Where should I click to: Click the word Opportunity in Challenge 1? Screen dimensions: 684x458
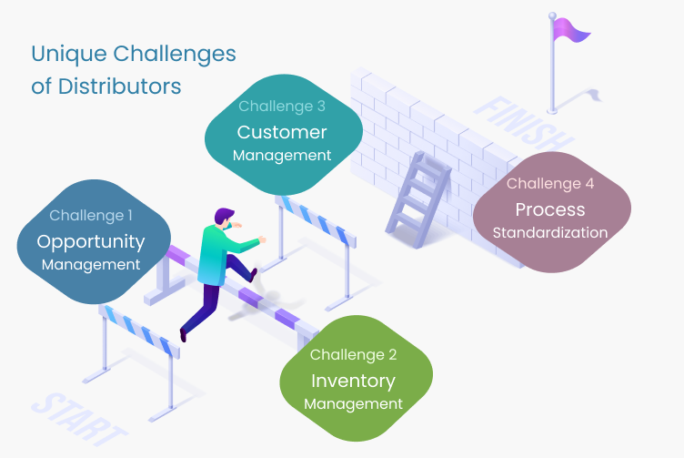coord(91,242)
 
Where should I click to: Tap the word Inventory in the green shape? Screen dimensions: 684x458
coord(353,382)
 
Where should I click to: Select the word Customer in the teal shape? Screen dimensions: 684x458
coord(282,132)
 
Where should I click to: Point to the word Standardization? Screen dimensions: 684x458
coord(550,233)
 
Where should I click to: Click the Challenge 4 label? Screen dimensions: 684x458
coord(550,183)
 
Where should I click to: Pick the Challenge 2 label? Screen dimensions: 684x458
coord(353,354)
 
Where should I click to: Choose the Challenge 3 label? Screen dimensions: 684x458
coord(282,107)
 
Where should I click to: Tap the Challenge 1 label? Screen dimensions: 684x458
coord(91,215)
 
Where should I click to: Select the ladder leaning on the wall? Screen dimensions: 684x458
coord(417,200)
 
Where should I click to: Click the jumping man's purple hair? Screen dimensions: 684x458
coord(223,215)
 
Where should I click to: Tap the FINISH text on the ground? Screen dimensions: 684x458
coord(524,123)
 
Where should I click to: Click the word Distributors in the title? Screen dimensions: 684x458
coord(119,86)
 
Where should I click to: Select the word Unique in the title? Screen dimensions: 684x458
coord(69,55)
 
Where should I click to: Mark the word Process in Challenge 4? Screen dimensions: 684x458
coord(550,209)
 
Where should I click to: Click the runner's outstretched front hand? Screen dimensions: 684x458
coord(262,239)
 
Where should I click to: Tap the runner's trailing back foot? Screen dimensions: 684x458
coord(183,335)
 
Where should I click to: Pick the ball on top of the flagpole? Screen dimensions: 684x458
coord(552,16)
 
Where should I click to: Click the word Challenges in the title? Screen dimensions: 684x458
coord(175,55)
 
